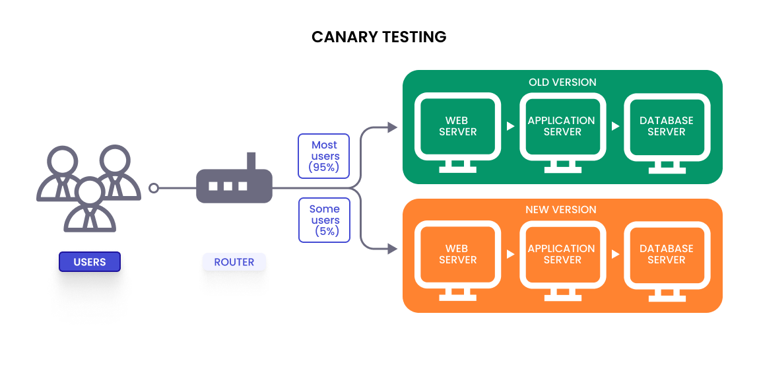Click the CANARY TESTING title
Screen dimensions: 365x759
coord(379,37)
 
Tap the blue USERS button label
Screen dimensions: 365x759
coord(90,262)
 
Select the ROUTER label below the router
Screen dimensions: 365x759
coord(234,262)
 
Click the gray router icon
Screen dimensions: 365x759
coord(234,185)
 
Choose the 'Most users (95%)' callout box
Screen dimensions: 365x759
coord(324,156)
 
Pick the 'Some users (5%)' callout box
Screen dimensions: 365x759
coord(324,220)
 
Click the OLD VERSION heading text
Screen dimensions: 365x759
coord(562,83)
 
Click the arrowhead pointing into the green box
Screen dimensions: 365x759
coord(393,127)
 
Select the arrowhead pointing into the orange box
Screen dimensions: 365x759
coord(393,249)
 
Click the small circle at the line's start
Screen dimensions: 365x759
coord(154,188)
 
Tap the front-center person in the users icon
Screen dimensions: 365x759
coord(90,205)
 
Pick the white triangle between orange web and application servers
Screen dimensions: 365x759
coord(510,254)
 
